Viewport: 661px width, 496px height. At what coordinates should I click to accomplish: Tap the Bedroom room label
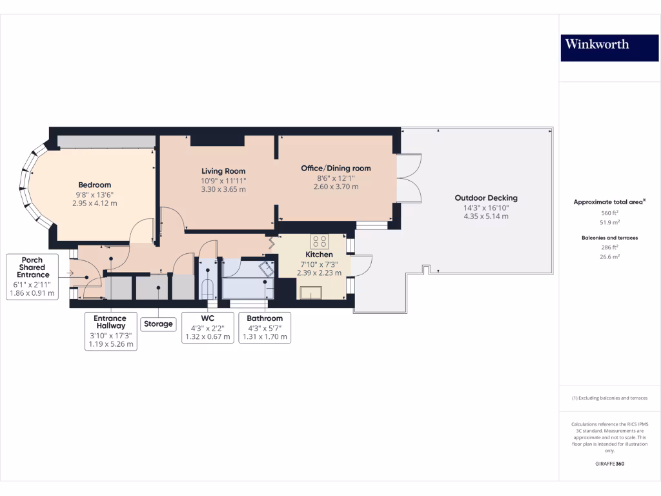95,185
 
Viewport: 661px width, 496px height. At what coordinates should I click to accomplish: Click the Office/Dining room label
336,168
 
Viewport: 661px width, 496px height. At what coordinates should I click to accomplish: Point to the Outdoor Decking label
486,198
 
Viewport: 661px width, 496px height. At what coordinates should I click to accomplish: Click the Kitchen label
319,254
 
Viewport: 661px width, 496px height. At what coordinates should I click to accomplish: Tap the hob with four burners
320,242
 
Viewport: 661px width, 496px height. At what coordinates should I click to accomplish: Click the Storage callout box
158,324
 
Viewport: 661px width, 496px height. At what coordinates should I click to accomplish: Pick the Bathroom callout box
265,327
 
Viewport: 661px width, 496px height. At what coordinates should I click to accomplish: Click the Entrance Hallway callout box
111,331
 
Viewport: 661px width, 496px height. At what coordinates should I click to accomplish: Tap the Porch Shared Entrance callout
32,276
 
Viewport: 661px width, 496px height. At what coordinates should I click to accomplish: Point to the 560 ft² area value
610,213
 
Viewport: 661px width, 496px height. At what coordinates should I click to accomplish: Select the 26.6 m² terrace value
610,256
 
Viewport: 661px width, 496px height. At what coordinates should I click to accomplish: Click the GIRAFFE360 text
610,464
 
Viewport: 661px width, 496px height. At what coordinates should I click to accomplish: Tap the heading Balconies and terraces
610,238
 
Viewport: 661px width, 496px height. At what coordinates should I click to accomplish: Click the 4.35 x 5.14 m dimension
486,216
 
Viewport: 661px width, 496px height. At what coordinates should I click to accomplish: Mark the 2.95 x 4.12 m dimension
95,203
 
